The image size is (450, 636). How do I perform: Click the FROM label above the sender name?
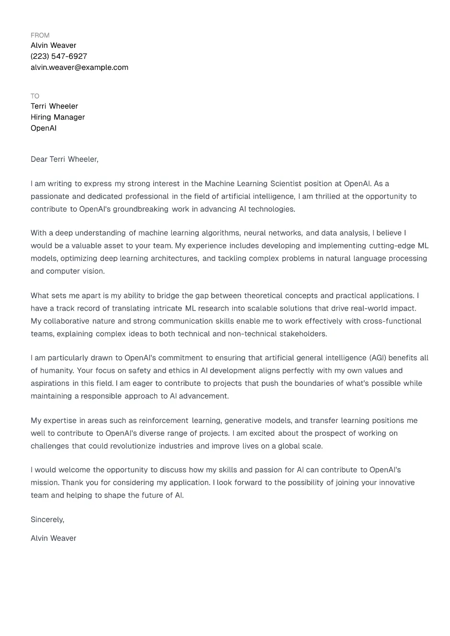40,35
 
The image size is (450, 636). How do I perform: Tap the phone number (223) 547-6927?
59,56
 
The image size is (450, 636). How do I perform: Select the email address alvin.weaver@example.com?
79,67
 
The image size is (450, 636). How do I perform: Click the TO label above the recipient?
35,96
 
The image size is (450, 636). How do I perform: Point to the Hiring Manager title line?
57,117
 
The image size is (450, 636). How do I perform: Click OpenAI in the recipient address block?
44,128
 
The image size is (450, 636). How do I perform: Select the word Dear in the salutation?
39,159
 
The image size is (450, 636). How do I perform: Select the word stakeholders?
303,334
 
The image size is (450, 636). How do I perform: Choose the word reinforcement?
164,421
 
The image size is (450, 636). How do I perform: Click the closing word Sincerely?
47,520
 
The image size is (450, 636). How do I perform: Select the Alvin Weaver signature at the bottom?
54,538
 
